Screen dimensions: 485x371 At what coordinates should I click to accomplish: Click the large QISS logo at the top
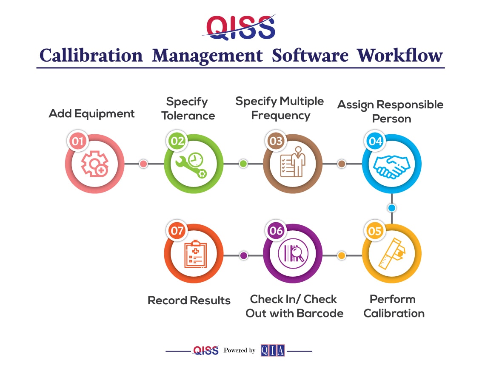pos(240,27)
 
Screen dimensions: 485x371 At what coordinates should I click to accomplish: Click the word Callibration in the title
pos(91,56)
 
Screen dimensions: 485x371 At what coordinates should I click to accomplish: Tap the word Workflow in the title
pos(400,56)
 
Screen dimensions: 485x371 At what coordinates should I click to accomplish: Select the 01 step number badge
pos(77,141)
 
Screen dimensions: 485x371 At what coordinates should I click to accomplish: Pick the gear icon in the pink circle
pos(94,164)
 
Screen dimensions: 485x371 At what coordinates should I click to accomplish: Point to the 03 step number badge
pos(276,141)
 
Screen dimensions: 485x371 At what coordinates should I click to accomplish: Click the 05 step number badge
pos(375,231)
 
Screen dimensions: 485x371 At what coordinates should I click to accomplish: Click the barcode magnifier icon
pos(293,254)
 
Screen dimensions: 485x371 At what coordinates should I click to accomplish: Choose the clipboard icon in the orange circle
pos(195,254)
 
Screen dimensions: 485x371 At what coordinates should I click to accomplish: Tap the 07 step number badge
pos(177,231)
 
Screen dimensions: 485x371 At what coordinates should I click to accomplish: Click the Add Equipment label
pos(91,113)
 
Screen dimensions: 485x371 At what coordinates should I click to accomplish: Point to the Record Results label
pos(189,300)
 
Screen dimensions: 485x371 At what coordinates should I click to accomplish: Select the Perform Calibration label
pos(394,306)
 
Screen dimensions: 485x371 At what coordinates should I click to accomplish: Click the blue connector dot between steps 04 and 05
pos(392,208)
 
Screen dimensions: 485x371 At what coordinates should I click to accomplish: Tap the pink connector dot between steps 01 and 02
pos(143,164)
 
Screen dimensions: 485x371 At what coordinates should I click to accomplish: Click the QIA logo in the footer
pos(273,350)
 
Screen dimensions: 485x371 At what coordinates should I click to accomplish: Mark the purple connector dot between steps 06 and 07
pos(244,255)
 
